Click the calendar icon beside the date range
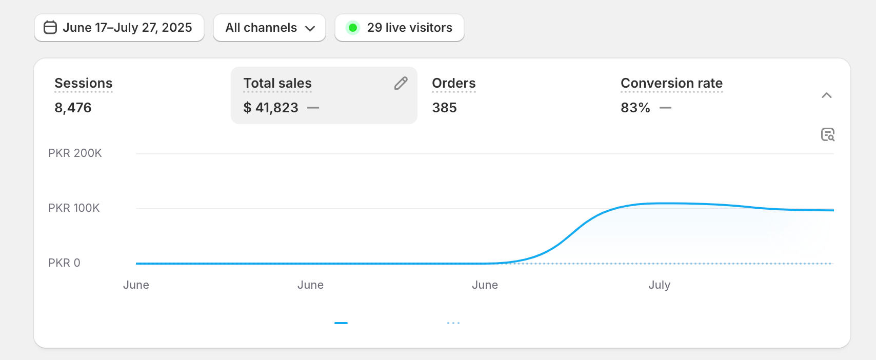(x=50, y=27)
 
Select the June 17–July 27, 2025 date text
(x=127, y=28)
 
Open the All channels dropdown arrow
(x=310, y=28)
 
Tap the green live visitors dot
(x=352, y=28)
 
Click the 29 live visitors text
(x=409, y=28)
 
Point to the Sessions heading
(x=83, y=83)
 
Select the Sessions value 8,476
(x=73, y=108)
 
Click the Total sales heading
(x=277, y=83)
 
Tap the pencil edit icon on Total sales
(x=401, y=83)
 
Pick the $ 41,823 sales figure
(x=271, y=108)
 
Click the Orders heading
(x=453, y=83)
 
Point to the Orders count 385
(x=444, y=108)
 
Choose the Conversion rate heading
(x=671, y=83)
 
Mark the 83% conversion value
(x=635, y=108)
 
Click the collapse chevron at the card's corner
(x=826, y=95)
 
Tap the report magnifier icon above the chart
(x=827, y=134)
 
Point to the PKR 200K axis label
(x=75, y=153)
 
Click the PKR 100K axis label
(x=74, y=208)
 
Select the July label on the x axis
(x=659, y=285)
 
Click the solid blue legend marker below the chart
(x=341, y=323)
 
